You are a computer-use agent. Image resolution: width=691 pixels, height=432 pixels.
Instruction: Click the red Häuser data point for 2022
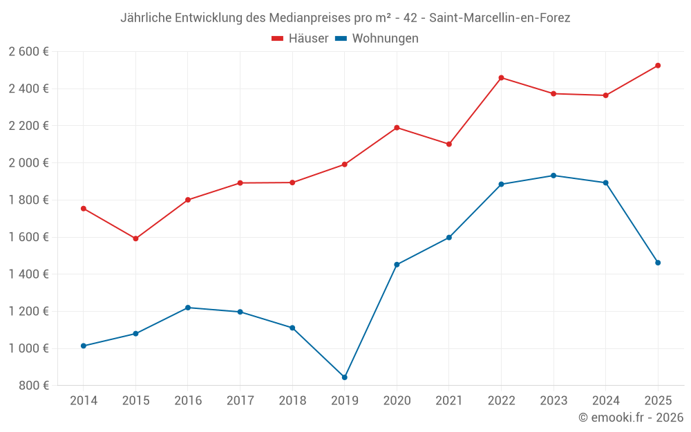click(x=501, y=77)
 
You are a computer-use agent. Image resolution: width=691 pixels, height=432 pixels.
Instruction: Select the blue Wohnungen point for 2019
click(x=345, y=377)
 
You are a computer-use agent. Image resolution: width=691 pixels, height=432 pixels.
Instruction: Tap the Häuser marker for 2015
click(x=135, y=238)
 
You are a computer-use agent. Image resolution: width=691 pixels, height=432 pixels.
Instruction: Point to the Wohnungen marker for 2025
click(x=658, y=263)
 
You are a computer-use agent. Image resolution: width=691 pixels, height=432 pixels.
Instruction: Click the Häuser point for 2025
click(x=658, y=66)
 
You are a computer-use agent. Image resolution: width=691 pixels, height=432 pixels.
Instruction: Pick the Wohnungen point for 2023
click(x=553, y=176)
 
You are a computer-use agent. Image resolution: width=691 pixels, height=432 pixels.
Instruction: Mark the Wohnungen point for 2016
click(x=188, y=308)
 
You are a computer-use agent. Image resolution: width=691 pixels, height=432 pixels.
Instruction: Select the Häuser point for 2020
click(x=397, y=127)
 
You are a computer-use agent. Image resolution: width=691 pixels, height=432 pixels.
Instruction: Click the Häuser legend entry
click(x=300, y=39)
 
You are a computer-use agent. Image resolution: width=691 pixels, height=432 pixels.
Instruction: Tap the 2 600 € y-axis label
click(x=28, y=51)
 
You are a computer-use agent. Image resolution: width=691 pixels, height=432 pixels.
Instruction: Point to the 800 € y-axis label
click(x=32, y=385)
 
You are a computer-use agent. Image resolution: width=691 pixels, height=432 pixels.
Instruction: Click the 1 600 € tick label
click(x=28, y=237)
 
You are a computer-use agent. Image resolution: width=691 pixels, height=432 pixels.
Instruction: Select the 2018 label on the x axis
click(x=292, y=400)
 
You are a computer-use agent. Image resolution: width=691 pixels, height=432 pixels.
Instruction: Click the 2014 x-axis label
click(x=84, y=400)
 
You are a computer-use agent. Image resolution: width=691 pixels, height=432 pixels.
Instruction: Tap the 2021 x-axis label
click(x=449, y=400)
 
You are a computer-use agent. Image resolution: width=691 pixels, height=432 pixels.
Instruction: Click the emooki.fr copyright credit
click(x=631, y=417)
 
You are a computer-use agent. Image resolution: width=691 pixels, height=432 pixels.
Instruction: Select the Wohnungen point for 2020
click(x=397, y=265)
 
